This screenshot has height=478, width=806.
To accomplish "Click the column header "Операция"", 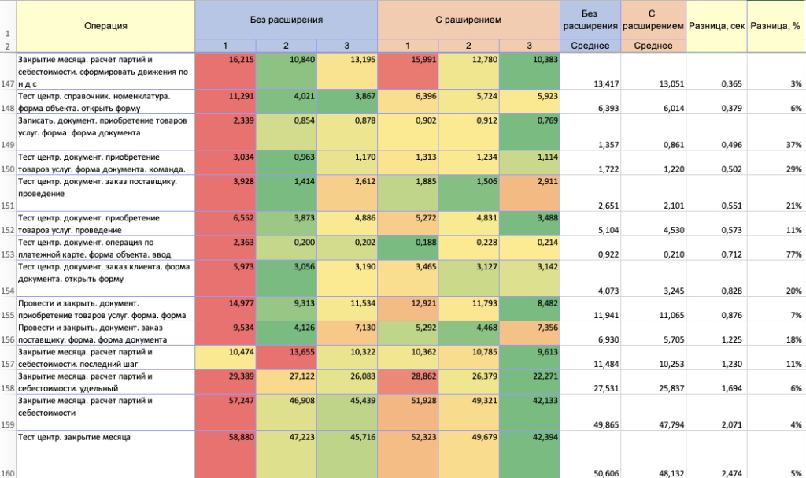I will click(x=105, y=26).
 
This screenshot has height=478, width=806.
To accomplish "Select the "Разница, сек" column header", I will click(x=717, y=27).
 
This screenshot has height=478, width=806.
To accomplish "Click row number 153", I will click(x=7, y=254).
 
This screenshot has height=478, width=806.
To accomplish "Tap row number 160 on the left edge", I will click(x=7, y=471).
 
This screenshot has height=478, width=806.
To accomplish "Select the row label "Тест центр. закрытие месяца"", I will click(x=74, y=435).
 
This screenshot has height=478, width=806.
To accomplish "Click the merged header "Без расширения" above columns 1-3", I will click(x=286, y=19).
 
